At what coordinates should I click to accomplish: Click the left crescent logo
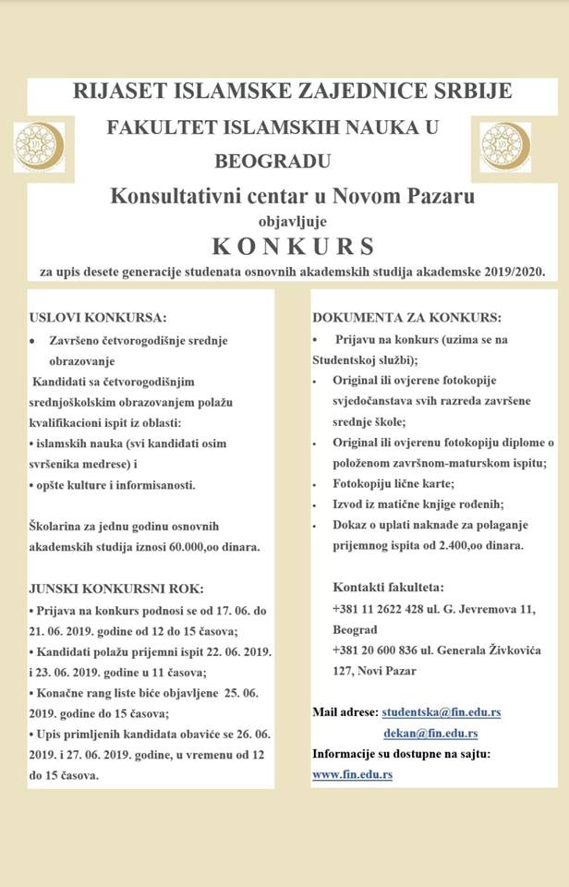(39, 147)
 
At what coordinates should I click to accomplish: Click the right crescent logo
(504, 147)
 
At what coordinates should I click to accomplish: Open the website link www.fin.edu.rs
(352, 774)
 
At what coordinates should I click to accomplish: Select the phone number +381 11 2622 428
(382, 609)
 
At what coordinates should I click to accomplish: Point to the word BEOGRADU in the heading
(273, 162)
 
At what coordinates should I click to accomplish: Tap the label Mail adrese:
(345, 713)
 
